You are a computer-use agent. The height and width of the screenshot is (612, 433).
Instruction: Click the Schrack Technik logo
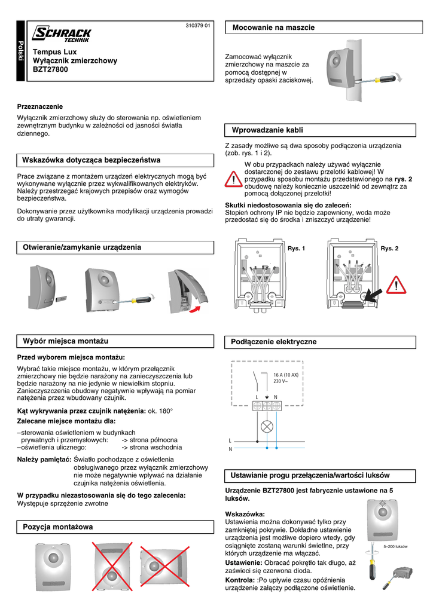pyautogui.click(x=62, y=35)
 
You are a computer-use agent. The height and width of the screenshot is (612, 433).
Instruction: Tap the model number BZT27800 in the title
pyautogui.click(x=50, y=70)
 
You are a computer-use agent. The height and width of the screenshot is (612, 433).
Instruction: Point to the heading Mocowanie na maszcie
pyautogui.click(x=273, y=27)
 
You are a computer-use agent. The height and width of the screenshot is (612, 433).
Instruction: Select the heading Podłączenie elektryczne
pyautogui.click(x=274, y=342)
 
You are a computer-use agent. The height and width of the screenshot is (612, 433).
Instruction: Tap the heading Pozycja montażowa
pyautogui.click(x=58, y=527)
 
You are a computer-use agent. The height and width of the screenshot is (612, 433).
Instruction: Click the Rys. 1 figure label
pyautogui.click(x=297, y=248)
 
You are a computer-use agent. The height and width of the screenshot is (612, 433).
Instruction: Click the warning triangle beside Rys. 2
pyautogui.click(x=396, y=287)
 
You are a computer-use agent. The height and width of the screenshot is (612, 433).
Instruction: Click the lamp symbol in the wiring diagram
pyautogui.click(x=267, y=426)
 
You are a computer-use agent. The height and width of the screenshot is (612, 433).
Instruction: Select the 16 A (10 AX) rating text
pyautogui.click(x=290, y=375)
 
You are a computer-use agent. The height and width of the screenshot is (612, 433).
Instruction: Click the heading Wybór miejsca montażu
pyautogui.click(x=65, y=341)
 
